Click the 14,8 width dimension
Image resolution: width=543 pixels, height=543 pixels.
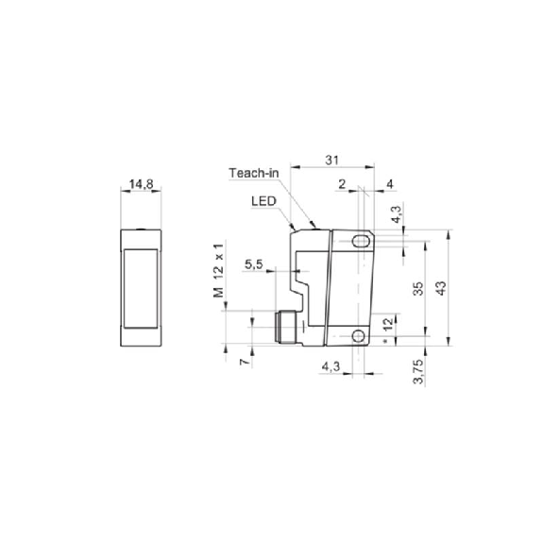point(141,184)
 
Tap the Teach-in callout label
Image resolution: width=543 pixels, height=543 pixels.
point(254,173)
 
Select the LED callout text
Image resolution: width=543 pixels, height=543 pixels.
point(263,201)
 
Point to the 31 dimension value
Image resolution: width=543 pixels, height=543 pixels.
point(331,160)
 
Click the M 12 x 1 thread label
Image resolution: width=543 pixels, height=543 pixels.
point(219,270)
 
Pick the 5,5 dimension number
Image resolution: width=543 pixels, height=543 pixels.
point(254,264)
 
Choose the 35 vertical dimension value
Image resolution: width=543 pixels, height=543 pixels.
point(418,288)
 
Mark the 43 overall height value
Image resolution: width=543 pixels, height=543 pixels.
point(441,288)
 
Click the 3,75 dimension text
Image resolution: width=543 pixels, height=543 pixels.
point(418,371)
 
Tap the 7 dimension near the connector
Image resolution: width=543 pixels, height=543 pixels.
point(245,362)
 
